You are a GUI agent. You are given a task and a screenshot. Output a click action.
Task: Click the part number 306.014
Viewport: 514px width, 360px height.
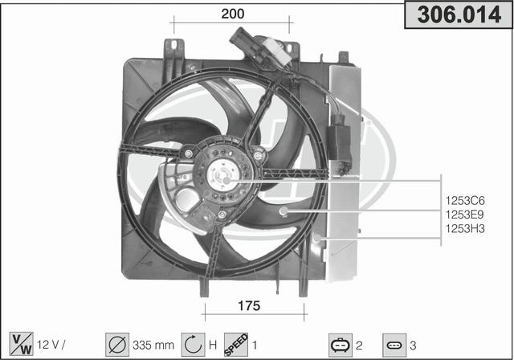[x=459, y=14]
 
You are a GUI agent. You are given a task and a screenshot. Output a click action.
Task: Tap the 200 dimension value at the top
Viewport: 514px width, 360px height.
[x=233, y=14]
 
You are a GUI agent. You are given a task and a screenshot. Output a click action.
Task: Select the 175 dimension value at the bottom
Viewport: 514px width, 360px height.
[x=249, y=306]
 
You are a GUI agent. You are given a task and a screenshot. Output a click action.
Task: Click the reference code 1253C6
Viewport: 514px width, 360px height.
[x=465, y=200]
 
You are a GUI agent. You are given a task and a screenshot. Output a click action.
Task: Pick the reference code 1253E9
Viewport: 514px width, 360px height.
[x=465, y=215]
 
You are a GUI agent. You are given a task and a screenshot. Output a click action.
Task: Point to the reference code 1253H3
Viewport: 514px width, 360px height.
[x=465, y=228]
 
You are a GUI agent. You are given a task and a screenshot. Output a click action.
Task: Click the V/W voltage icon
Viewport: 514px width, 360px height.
[x=22, y=344]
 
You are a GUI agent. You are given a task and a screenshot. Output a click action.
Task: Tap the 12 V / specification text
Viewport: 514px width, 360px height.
[x=51, y=345]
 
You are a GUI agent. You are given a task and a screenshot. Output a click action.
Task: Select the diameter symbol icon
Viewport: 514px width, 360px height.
[x=117, y=345]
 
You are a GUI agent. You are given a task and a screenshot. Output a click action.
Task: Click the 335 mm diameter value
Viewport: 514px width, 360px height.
[x=153, y=346]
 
